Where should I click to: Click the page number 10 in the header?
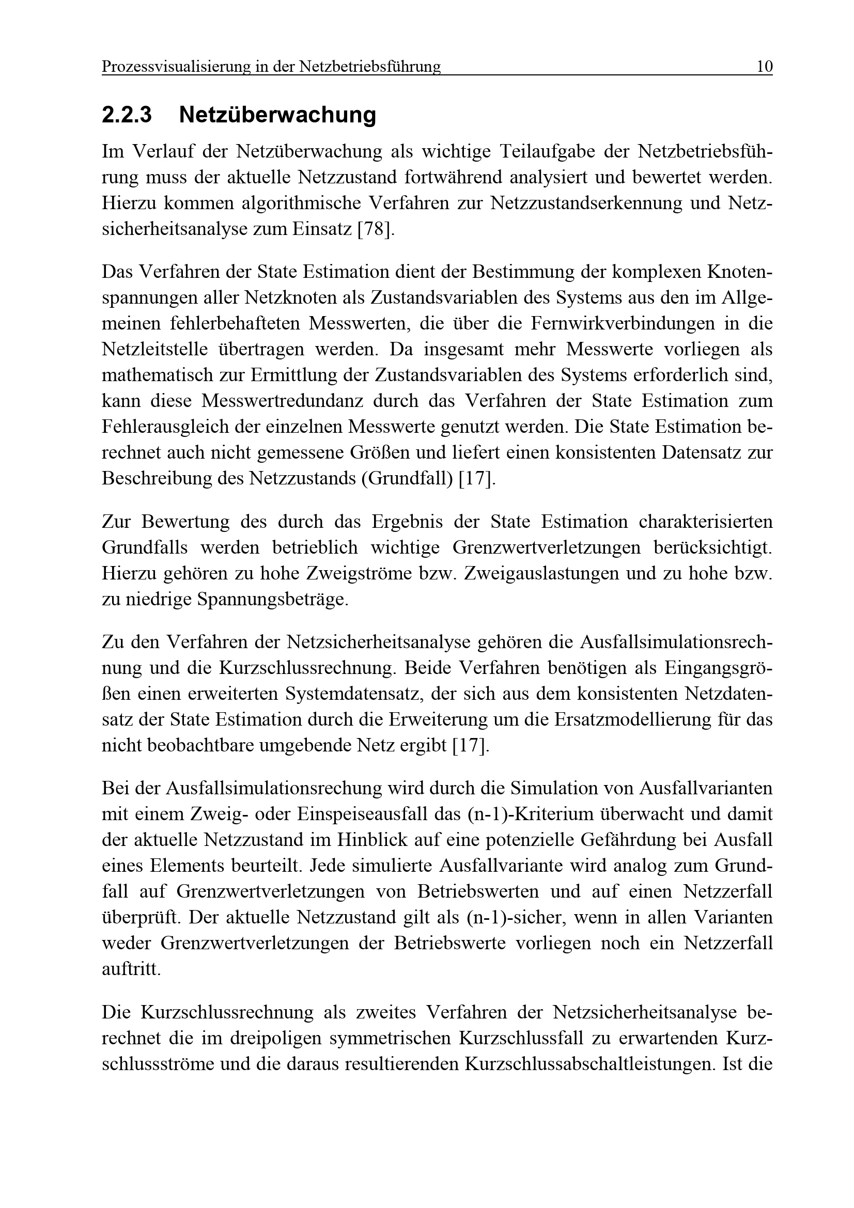764,67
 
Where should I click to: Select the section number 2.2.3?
127,115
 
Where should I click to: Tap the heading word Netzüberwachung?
277,115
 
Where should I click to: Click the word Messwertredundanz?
282,401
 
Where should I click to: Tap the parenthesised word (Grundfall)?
407,479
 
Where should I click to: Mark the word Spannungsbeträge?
273,599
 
